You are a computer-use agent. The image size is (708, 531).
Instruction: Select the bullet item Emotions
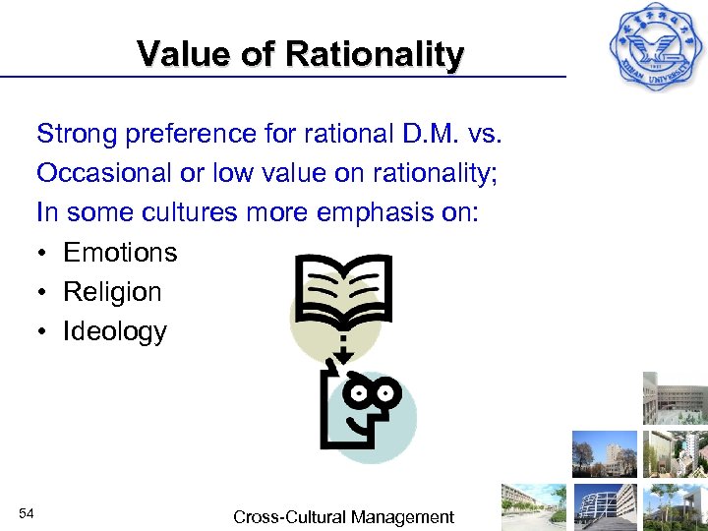(120, 253)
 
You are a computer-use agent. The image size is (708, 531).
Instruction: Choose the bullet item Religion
(112, 292)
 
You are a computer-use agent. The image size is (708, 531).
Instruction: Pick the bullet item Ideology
(114, 331)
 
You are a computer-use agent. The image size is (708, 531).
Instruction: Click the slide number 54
(28, 513)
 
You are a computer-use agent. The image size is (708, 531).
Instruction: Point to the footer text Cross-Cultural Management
(343, 516)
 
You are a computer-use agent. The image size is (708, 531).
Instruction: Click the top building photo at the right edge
(675, 398)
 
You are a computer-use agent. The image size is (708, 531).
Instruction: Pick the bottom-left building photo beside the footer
(533, 506)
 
